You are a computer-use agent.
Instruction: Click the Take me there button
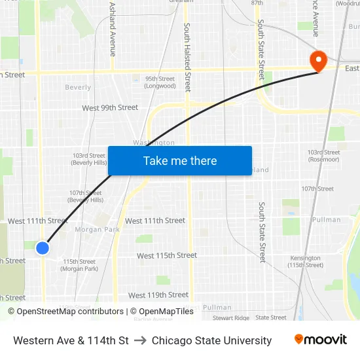180,160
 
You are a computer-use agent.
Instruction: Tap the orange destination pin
318,61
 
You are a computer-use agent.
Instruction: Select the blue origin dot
43,248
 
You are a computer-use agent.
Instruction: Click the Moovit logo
321,340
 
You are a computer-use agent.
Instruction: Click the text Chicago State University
211,340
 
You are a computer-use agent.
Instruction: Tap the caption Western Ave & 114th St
71,340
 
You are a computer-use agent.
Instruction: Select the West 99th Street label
110,107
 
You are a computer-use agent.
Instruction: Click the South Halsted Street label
188,57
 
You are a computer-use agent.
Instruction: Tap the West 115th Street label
167,255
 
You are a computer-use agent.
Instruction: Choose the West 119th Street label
158,295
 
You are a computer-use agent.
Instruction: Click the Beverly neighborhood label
79,87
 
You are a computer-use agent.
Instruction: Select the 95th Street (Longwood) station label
160,82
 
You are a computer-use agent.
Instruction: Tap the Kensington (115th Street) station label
305,261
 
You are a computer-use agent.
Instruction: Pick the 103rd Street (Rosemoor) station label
324,156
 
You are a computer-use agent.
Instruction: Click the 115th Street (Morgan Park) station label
80,265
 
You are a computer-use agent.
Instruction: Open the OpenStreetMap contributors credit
69,312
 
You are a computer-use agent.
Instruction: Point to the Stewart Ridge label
231,317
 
